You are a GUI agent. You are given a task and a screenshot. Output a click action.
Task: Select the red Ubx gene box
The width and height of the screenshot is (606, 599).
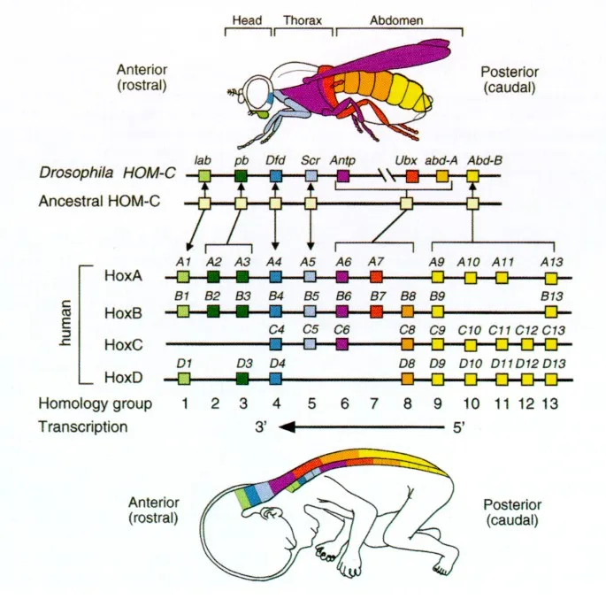click(x=411, y=177)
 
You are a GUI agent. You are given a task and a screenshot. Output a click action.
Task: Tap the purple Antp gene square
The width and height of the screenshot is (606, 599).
click(x=342, y=177)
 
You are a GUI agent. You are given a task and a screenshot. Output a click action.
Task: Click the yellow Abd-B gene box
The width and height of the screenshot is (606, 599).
click(x=472, y=177)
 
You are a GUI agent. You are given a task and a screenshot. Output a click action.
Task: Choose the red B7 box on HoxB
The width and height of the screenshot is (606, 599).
click(x=375, y=311)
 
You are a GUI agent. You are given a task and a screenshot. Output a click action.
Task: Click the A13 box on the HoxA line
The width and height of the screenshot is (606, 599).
click(x=551, y=278)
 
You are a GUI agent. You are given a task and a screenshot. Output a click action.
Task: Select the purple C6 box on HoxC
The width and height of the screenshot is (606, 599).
click(x=342, y=345)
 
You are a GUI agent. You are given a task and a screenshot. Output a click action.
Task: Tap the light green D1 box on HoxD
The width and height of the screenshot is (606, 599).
click(x=183, y=379)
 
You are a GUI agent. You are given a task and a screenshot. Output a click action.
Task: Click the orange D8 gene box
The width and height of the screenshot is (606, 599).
click(x=407, y=379)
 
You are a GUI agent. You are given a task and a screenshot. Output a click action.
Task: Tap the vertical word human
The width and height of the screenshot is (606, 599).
click(x=65, y=326)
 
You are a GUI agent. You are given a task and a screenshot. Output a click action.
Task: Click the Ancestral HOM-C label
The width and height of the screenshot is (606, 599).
click(x=98, y=202)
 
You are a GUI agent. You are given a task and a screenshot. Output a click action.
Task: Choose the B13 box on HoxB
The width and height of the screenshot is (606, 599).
click(x=551, y=311)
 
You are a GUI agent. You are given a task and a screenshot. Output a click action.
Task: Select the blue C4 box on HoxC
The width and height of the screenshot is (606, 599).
click(x=275, y=345)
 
